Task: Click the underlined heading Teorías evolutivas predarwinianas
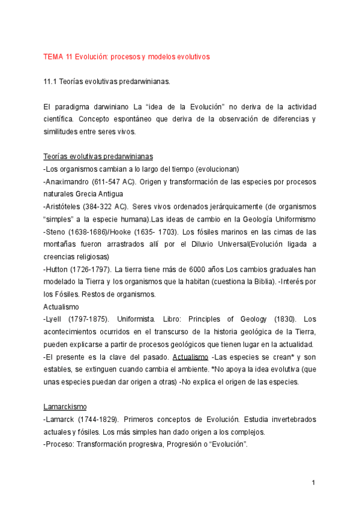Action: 98,156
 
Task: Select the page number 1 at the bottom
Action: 313,483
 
